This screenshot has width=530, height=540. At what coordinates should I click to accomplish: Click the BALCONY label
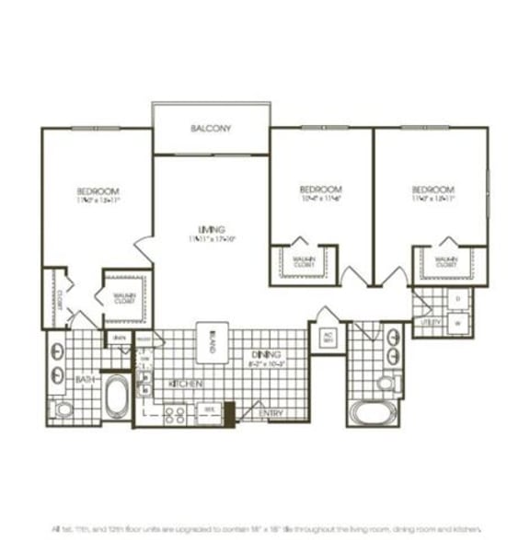[211, 129]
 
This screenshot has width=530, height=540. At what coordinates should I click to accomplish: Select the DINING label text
[266, 354]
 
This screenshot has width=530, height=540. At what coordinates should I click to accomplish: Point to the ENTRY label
[271, 414]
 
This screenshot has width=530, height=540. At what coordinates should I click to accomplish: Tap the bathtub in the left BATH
[117, 396]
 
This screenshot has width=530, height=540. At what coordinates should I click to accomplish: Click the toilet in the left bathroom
[63, 409]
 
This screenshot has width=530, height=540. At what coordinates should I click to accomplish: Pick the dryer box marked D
[457, 300]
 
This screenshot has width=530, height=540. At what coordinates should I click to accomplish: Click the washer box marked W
[457, 323]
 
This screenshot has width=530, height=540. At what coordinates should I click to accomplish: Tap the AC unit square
[327, 337]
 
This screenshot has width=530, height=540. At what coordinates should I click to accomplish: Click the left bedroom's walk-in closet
[125, 296]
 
